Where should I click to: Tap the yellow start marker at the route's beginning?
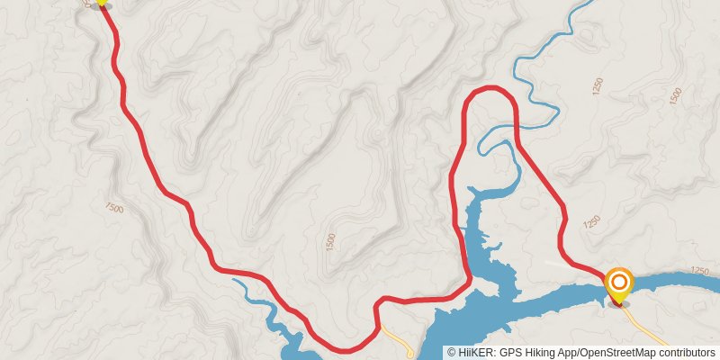point(102,2)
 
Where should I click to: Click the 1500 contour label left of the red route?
point(114,208)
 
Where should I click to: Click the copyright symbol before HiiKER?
point(451,353)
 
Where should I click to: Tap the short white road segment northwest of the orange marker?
point(562,265)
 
